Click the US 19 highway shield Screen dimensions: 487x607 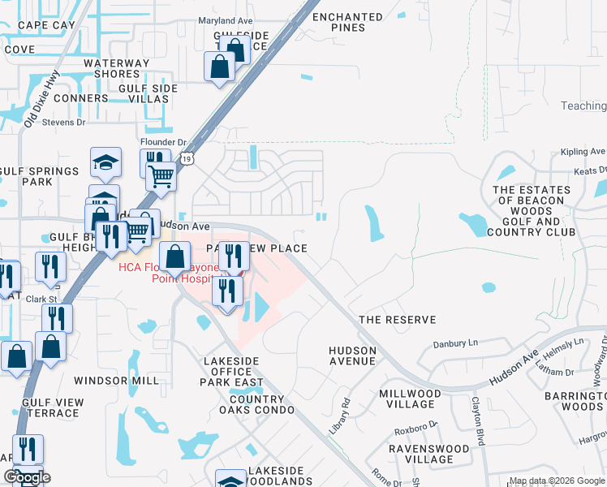pos(187,157)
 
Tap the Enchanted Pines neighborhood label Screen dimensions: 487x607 pos(347,23)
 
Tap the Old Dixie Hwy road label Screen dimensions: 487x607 pos(43,96)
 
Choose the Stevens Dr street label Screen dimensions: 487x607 pos(64,123)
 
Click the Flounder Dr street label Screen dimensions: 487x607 pos(165,141)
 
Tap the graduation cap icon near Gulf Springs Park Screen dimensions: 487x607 pos(105,162)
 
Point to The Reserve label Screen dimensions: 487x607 pos(398,320)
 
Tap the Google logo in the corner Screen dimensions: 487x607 pos(27,477)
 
